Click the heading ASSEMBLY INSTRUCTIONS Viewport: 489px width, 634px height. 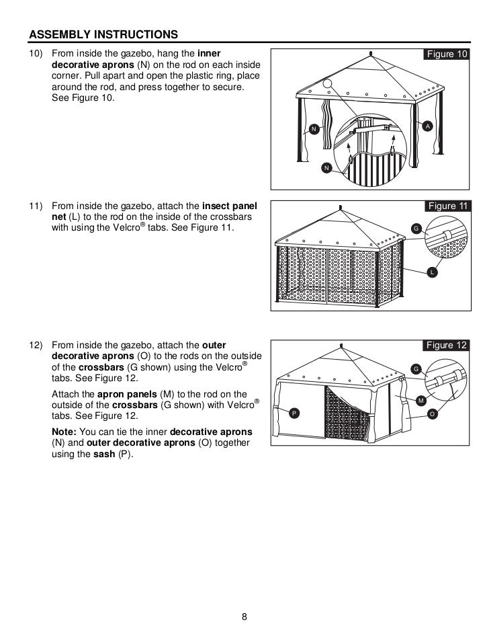tap(103, 34)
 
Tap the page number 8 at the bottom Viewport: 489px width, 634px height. tap(244, 617)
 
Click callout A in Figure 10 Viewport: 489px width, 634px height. tap(428, 126)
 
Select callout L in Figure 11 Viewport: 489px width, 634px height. tap(431, 272)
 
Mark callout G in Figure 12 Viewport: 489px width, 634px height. tap(416, 369)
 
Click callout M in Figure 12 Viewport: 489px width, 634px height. tap(421, 401)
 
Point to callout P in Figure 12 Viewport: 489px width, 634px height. tap(294, 412)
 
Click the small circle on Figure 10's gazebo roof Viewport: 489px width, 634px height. tap(327, 84)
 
